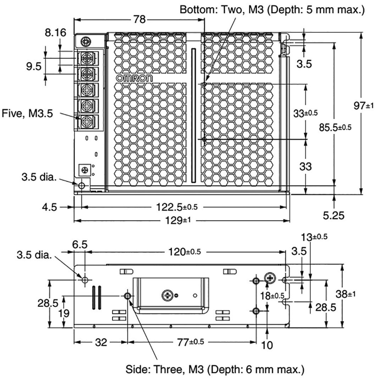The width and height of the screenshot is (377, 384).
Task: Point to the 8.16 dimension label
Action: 55,33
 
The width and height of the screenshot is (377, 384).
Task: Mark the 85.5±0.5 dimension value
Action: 335,127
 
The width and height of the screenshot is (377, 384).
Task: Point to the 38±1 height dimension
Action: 346,294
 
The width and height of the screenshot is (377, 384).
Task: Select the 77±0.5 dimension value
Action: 191,342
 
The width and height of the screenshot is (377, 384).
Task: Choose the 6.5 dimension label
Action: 79,244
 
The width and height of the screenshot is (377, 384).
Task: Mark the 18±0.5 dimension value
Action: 272,295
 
